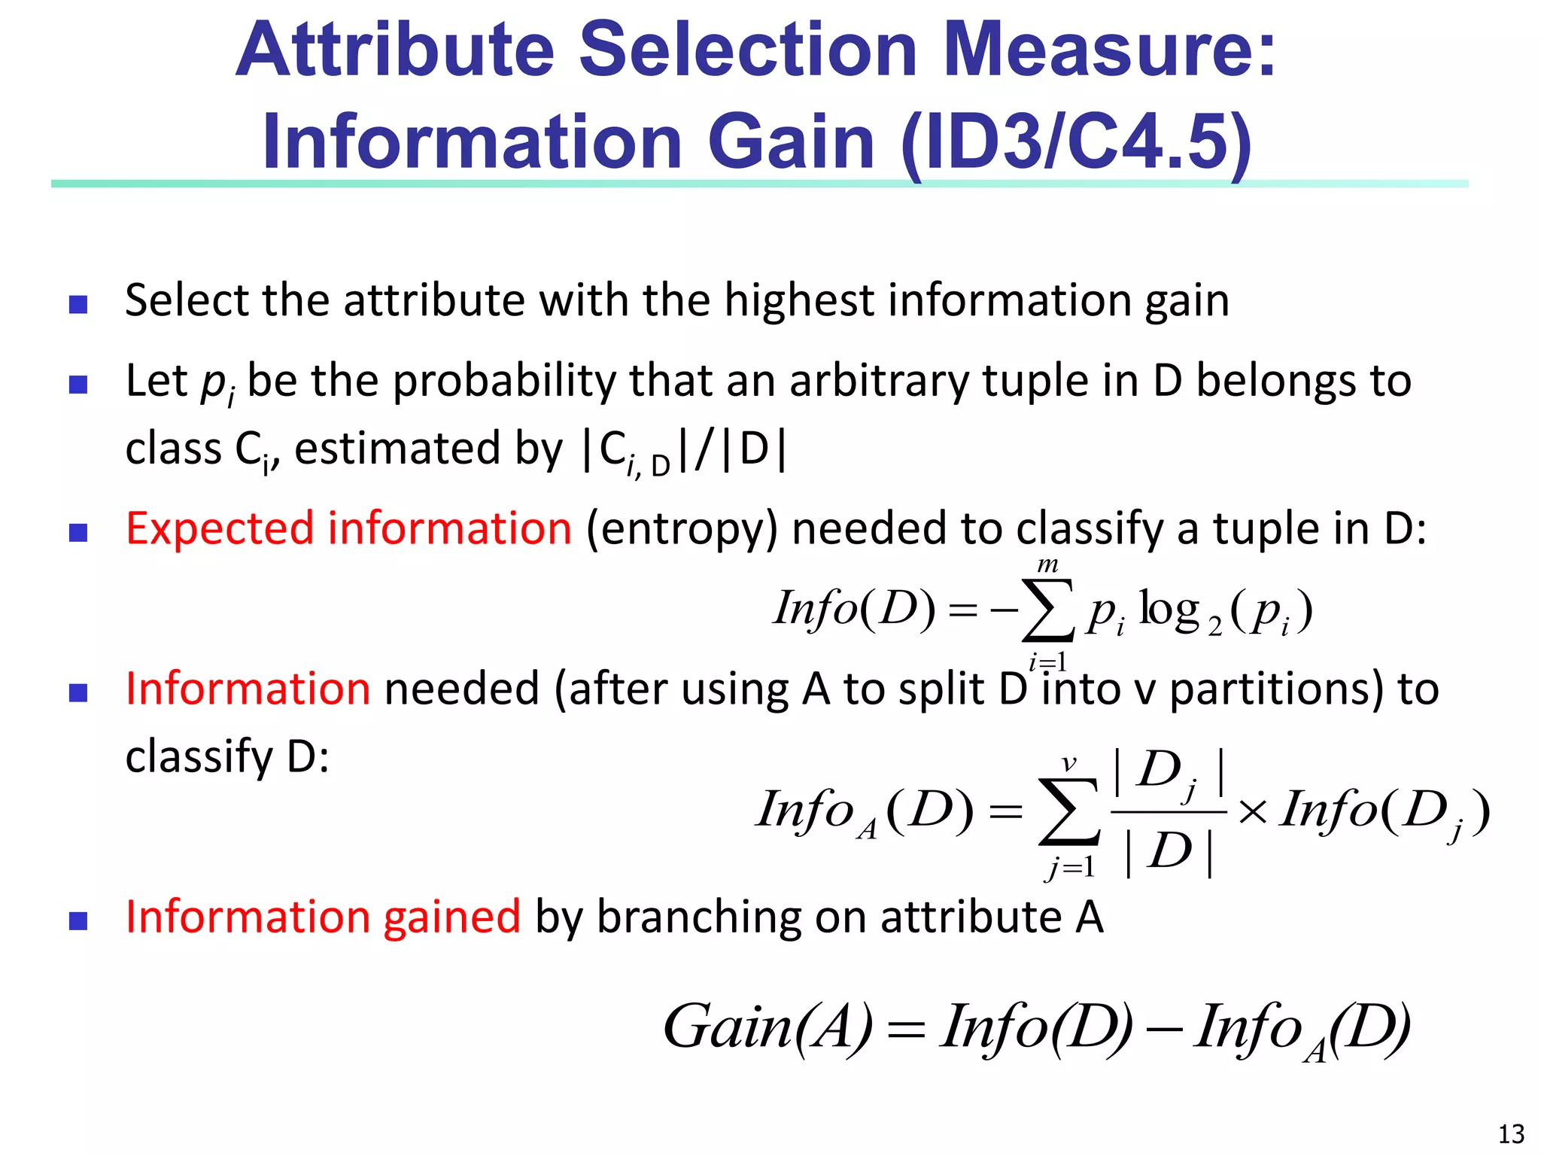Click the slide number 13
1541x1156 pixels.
point(1511,1133)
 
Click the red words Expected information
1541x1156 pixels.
point(348,528)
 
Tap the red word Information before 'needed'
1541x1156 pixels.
point(248,689)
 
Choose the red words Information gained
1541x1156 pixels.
point(323,917)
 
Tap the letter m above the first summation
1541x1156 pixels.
point(1047,564)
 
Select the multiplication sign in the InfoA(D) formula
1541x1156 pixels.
point(1252,812)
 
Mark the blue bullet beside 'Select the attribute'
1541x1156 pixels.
point(78,304)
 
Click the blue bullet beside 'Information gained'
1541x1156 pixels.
point(78,921)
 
